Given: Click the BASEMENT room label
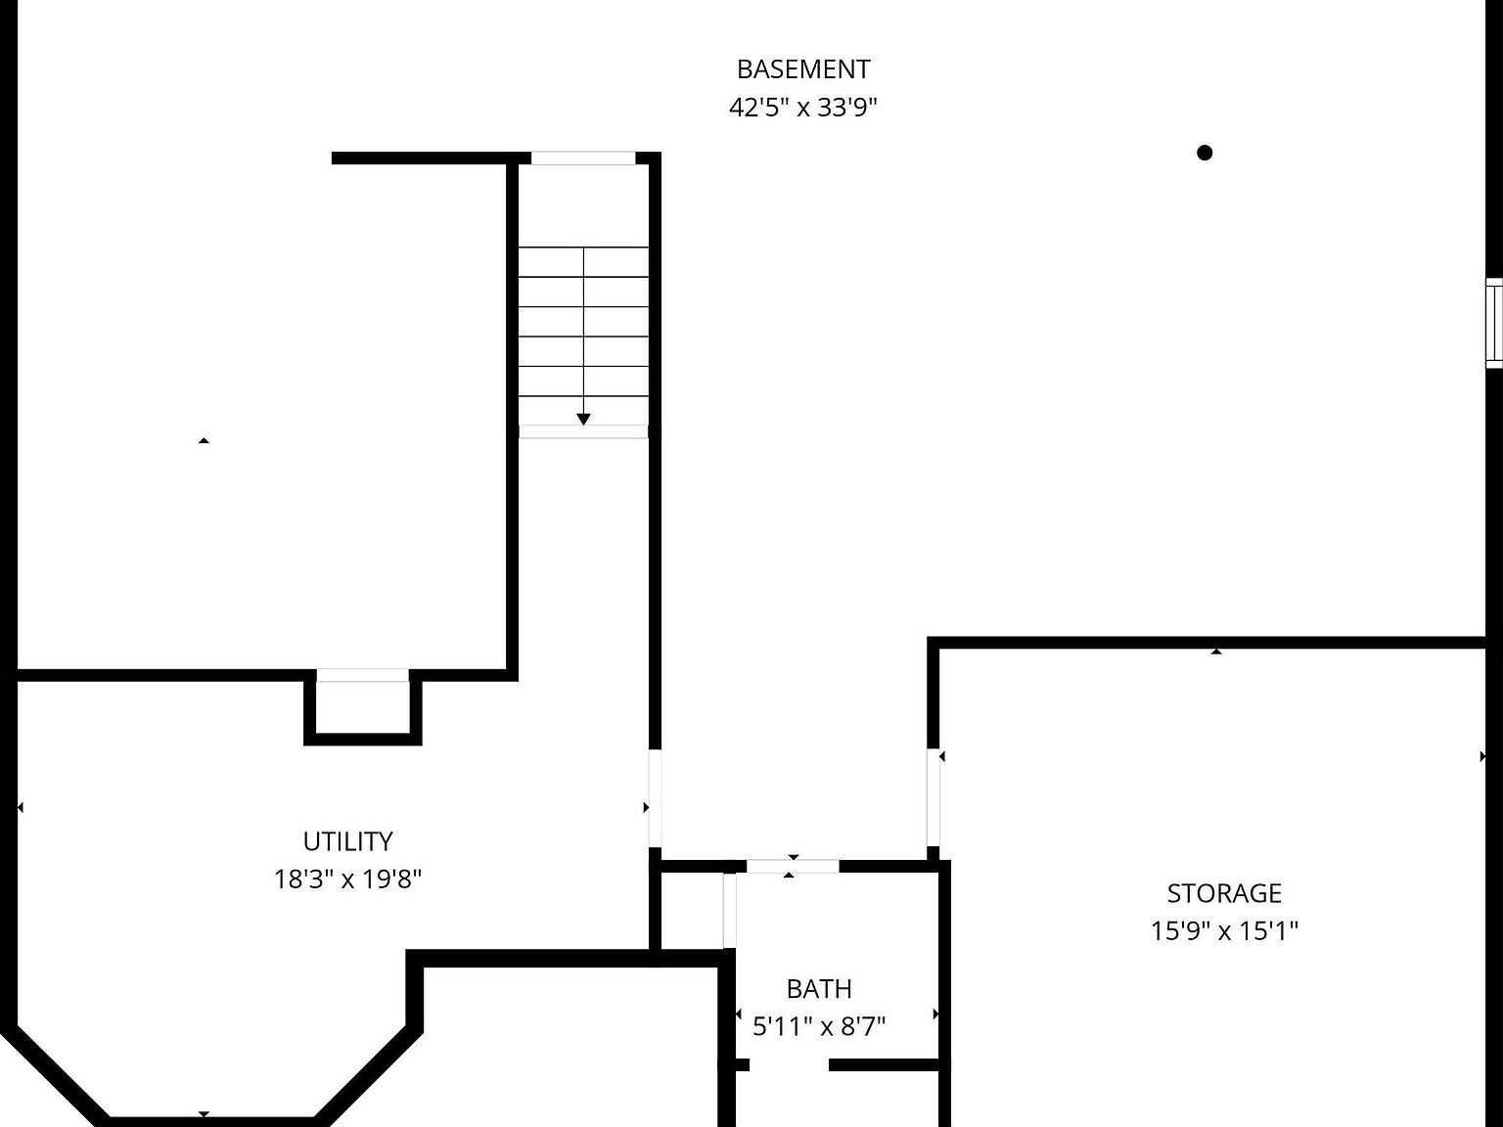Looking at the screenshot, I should [802, 69].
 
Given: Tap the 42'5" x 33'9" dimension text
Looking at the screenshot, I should [802, 107].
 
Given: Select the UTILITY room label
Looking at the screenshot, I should [347, 841].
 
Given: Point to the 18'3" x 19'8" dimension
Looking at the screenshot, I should [347, 879].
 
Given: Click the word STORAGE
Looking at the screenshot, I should [1224, 893].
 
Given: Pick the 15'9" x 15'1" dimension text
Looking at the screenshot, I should [1224, 930].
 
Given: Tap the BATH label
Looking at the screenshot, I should [819, 989].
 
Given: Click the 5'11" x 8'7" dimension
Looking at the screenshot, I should [819, 1026].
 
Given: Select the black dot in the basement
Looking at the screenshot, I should [1205, 153].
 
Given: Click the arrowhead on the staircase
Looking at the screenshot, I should [583, 419].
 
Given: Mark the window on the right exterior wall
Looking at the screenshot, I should [1494, 323].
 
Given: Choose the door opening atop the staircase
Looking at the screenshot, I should [583, 158].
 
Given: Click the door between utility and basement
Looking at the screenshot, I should [654, 798].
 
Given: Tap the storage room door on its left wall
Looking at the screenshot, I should [934, 797].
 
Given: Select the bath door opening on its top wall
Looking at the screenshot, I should [793, 866].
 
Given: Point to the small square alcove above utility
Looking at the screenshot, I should [362, 706].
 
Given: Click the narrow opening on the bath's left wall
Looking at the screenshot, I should [729, 911].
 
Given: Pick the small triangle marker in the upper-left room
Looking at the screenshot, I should [204, 441].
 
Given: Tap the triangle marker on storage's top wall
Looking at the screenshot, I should [1216, 651].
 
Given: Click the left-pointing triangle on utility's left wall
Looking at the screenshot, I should [21, 807].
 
